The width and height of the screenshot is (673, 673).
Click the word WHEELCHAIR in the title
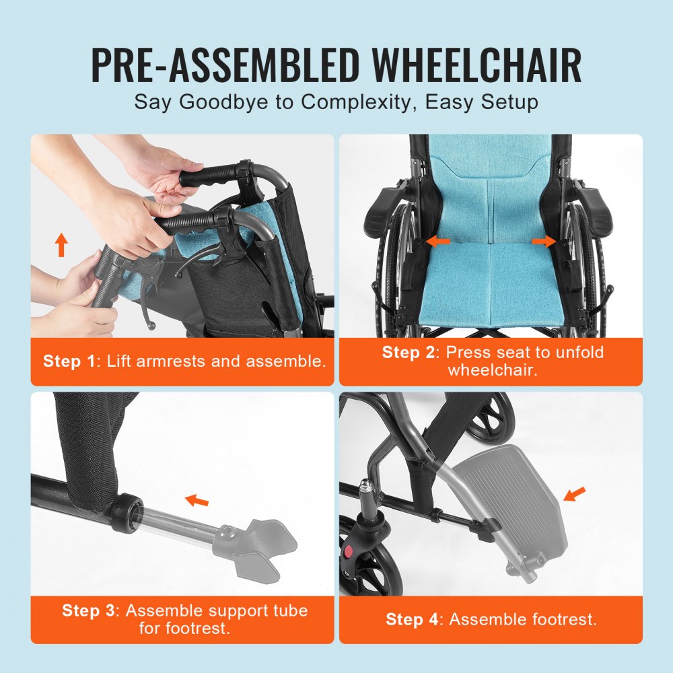point(477,65)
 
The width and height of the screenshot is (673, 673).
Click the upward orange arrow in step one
point(61,244)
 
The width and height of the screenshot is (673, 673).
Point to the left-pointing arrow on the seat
point(439,240)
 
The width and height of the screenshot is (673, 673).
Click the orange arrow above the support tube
point(197,499)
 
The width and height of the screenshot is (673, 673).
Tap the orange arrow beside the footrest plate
point(574,495)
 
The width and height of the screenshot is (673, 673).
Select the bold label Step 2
point(409,352)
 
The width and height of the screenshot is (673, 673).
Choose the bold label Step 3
point(89,610)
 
